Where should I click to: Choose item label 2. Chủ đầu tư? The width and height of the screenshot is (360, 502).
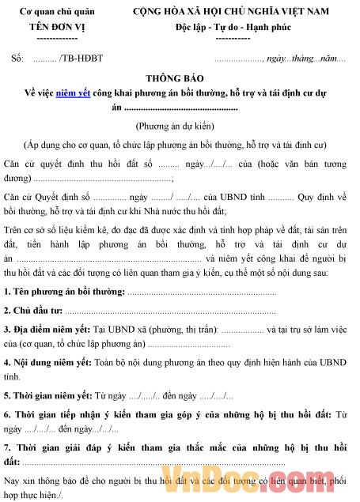32,289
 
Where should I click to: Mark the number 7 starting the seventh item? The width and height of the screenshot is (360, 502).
6,446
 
